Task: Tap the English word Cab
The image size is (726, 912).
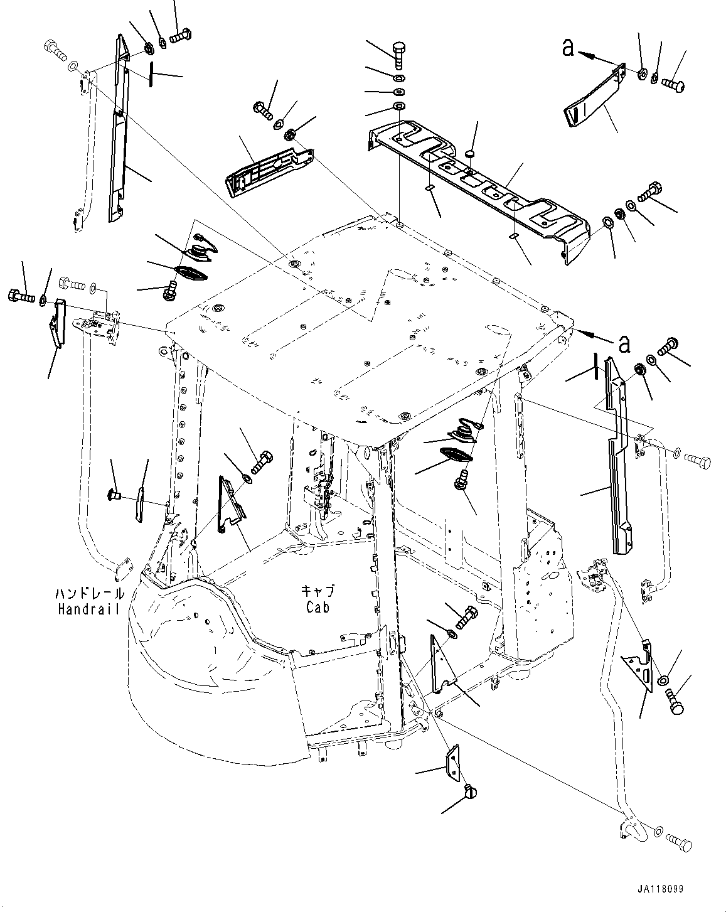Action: click(x=318, y=606)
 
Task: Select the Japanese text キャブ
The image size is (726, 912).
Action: click(x=318, y=591)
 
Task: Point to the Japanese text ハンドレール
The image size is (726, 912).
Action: click(x=88, y=593)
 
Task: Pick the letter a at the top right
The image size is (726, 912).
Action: click(x=568, y=47)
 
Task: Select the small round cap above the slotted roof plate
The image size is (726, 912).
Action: click(x=471, y=154)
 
